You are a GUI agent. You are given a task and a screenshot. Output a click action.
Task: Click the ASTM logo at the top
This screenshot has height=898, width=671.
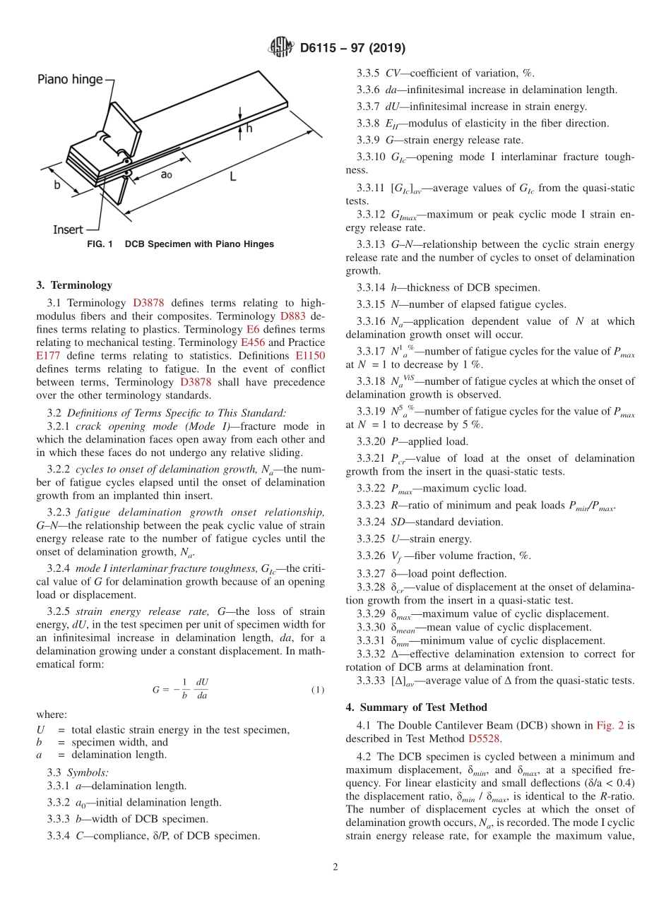pos(280,48)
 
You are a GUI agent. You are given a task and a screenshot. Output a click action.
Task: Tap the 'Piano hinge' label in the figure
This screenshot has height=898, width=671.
pos(70,80)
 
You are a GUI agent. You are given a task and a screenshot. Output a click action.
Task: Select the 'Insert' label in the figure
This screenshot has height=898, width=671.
pos(68,229)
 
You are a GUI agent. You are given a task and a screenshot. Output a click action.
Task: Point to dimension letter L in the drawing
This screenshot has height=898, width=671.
pos(232,177)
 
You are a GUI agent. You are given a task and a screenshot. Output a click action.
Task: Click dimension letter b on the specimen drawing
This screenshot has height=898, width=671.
pos(57,185)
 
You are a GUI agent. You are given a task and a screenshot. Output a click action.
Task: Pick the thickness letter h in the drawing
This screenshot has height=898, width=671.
pos(249,128)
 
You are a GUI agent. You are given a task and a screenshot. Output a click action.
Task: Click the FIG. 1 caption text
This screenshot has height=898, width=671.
pos(180,244)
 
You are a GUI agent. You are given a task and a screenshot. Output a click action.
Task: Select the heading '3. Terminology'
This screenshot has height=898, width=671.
pos(73,285)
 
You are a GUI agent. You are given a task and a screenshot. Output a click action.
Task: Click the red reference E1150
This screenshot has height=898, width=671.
pos(310,356)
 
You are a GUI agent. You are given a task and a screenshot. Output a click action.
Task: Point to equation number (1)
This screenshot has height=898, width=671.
pos(317,690)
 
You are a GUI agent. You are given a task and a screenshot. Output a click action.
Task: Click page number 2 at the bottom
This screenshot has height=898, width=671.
pos(335,868)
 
